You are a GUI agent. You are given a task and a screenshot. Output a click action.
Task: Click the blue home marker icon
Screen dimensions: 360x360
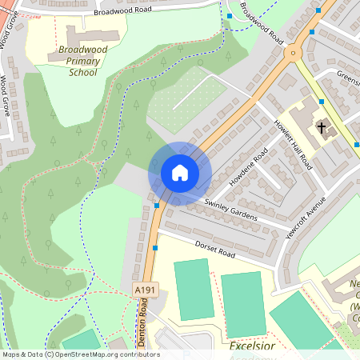180,172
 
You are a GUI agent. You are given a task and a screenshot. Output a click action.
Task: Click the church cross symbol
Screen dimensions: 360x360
322,127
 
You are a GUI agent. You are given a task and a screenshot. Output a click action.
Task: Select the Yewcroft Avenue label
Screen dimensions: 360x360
307,218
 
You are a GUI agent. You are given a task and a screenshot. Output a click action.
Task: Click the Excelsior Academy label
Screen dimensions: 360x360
252,347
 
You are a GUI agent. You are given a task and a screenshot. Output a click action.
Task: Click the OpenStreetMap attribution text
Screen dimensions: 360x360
80,354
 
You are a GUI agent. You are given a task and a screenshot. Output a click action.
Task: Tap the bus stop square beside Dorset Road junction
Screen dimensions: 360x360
154,248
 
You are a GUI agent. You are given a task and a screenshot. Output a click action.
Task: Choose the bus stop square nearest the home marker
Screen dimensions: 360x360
157,205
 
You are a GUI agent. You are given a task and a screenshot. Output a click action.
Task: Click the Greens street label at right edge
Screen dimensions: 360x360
349,78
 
